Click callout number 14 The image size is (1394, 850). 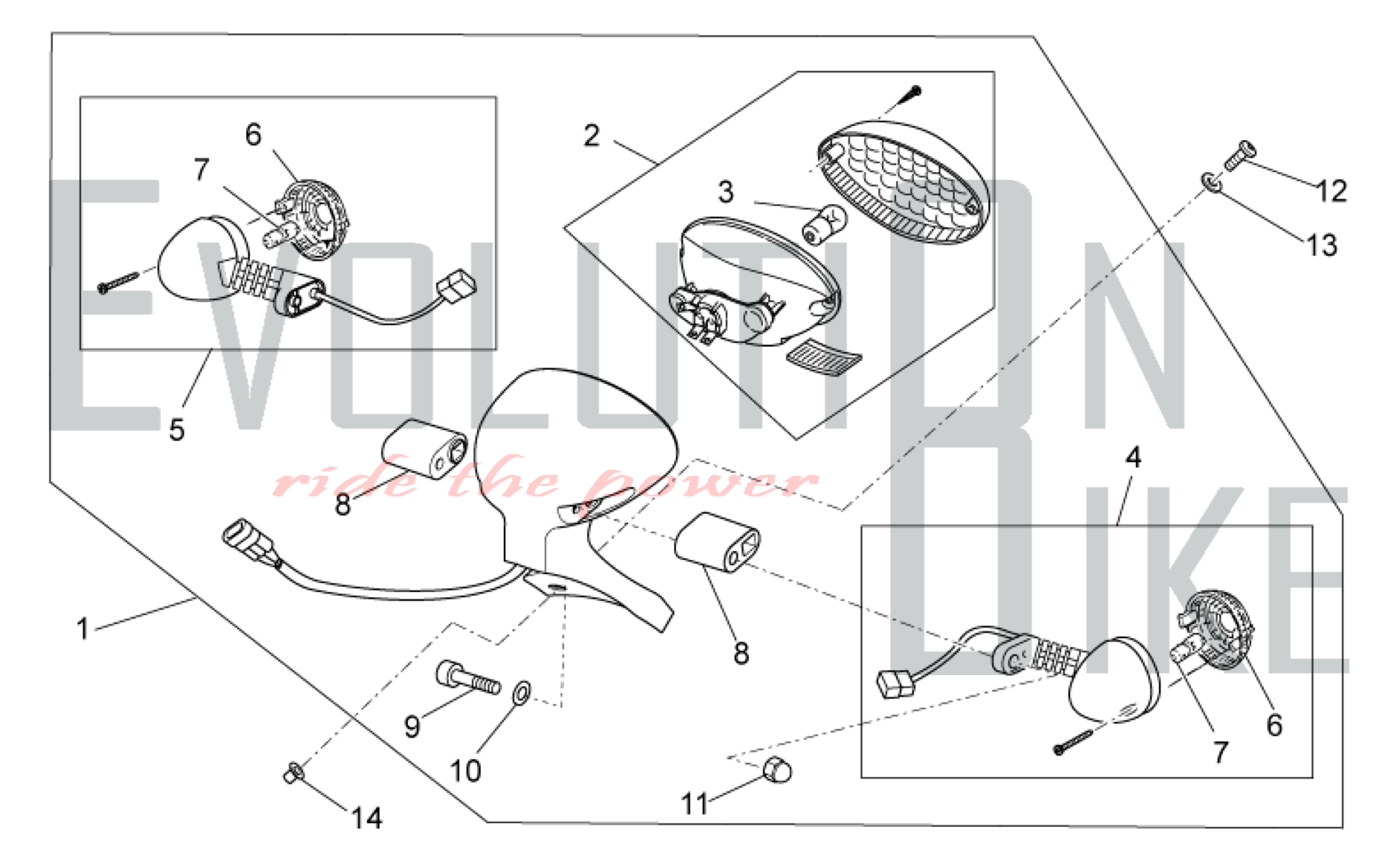(367, 818)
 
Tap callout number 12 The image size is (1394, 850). (1331, 191)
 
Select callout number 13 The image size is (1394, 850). (1322, 245)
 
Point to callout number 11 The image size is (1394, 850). (694, 804)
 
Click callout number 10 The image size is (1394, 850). (466, 771)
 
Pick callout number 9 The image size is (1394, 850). (412, 727)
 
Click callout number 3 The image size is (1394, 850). (726, 192)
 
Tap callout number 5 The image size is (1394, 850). (177, 430)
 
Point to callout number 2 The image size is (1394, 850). (591, 135)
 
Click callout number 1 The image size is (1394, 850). (83, 628)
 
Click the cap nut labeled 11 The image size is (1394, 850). (777, 771)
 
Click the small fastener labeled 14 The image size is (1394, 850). (293, 772)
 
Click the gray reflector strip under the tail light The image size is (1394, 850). (823, 358)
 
